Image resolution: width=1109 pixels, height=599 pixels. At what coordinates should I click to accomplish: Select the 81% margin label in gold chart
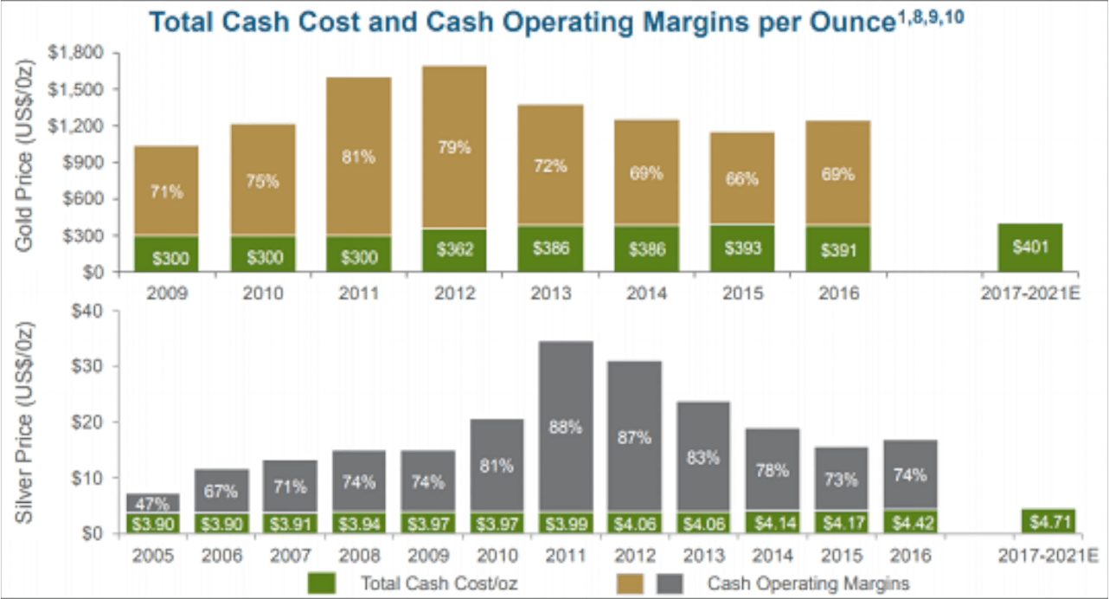[359, 157]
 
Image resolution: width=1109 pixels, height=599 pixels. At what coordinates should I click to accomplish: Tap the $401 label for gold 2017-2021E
[1030, 248]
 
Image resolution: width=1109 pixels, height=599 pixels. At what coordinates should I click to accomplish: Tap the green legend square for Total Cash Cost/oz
[321, 583]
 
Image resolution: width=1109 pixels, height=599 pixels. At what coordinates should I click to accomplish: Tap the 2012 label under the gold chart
[455, 293]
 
